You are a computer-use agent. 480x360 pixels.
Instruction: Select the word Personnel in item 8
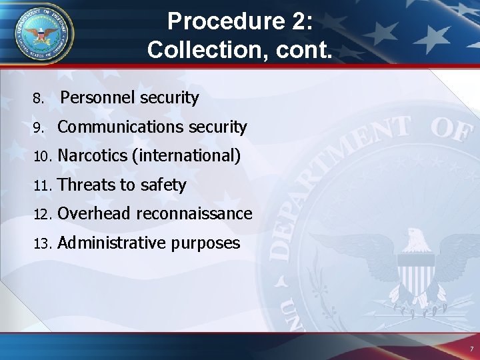tap(99, 98)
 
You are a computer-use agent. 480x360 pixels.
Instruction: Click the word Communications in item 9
tap(113, 127)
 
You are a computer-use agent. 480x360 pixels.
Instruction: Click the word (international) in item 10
tap(186, 156)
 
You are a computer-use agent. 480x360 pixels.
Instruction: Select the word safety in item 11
tap(163, 185)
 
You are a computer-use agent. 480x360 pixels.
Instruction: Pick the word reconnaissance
tap(195, 214)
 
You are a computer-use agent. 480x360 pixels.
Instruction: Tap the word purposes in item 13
tap(205, 243)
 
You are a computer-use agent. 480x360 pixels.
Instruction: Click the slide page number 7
tap(471, 349)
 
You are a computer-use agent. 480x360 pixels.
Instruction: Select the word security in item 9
tap(217, 127)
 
